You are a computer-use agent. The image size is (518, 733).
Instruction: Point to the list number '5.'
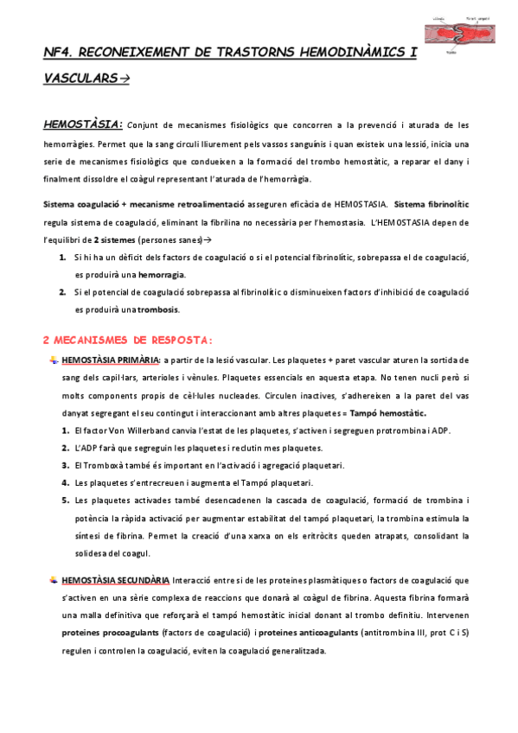[x=65, y=500]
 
